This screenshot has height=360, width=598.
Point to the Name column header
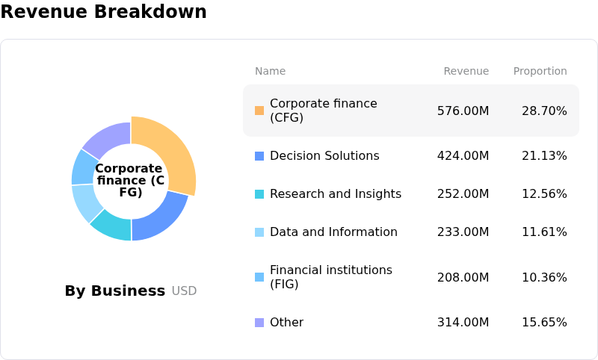270,71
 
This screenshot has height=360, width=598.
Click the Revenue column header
466,71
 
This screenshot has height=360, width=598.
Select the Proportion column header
540,71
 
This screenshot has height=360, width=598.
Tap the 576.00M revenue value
463,111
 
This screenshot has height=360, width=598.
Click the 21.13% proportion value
544,156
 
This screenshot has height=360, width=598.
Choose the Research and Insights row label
335,194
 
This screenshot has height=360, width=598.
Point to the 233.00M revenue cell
463,232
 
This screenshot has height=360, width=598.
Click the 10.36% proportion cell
544,278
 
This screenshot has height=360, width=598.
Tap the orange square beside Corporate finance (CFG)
259,111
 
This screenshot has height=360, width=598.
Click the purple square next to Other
259,323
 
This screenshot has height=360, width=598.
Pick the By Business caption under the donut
114,291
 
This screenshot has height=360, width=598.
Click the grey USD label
184,291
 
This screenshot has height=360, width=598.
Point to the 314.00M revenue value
463,323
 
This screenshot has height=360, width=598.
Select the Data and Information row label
333,232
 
